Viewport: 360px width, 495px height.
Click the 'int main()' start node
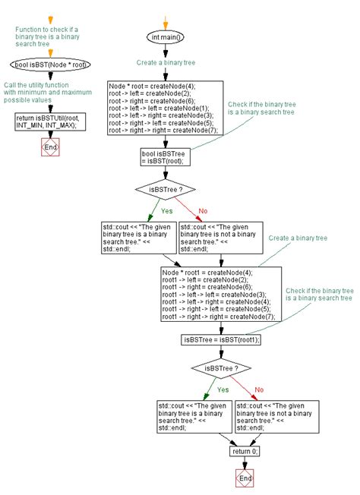166,36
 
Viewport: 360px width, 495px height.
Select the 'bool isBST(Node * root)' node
51,65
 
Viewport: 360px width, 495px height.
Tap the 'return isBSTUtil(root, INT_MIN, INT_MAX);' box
51,121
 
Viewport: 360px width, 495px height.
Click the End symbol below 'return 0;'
245,479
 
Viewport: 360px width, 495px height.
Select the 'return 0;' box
245,451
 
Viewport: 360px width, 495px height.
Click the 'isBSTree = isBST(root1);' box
221,339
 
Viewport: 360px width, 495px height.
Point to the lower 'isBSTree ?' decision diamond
221,368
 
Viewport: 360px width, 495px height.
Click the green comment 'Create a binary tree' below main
166,64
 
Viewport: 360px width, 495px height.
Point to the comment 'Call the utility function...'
46,93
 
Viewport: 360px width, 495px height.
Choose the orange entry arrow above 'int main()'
166,18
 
